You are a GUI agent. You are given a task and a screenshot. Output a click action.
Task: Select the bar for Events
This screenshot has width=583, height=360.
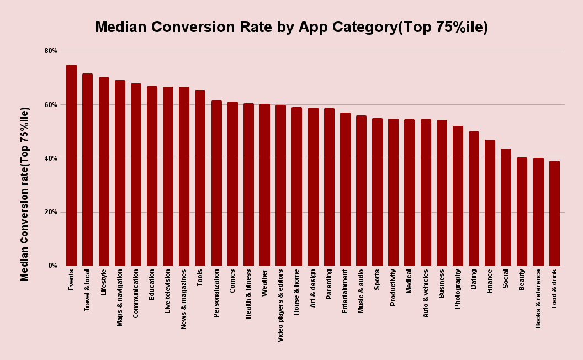[71, 166]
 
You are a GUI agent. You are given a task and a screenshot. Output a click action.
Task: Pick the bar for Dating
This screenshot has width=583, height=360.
[474, 199]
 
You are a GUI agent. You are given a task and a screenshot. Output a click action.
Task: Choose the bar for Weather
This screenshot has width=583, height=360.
[264, 185]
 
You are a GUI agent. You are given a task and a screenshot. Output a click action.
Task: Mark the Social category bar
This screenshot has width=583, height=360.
[506, 207]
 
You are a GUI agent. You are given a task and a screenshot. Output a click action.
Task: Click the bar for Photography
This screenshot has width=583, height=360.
[458, 196]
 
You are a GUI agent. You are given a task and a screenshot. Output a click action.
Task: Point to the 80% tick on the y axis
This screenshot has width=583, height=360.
[51, 51]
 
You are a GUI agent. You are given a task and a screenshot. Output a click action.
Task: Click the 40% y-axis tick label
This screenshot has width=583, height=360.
[51, 158]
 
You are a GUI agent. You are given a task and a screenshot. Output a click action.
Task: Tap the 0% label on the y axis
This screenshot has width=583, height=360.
[52, 266]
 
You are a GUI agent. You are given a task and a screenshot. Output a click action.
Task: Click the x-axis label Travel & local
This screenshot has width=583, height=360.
[87, 290]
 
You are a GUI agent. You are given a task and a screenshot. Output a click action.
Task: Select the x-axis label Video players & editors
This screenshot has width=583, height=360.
[280, 305]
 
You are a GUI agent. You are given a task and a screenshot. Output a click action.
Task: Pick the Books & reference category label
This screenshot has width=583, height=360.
[538, 298]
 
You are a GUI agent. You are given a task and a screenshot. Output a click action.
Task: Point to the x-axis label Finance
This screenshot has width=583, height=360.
[490, 281]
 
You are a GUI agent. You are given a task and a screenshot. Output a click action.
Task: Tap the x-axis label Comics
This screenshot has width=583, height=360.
[232, 280]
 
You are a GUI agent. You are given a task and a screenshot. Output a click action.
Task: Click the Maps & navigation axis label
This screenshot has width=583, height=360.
[120, 298]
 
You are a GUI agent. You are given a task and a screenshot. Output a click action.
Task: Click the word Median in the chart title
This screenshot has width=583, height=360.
[121, 27]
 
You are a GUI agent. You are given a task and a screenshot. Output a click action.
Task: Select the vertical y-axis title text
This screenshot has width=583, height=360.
[25, 194]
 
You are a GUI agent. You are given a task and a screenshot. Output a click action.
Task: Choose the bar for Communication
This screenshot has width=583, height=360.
[136, 174]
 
